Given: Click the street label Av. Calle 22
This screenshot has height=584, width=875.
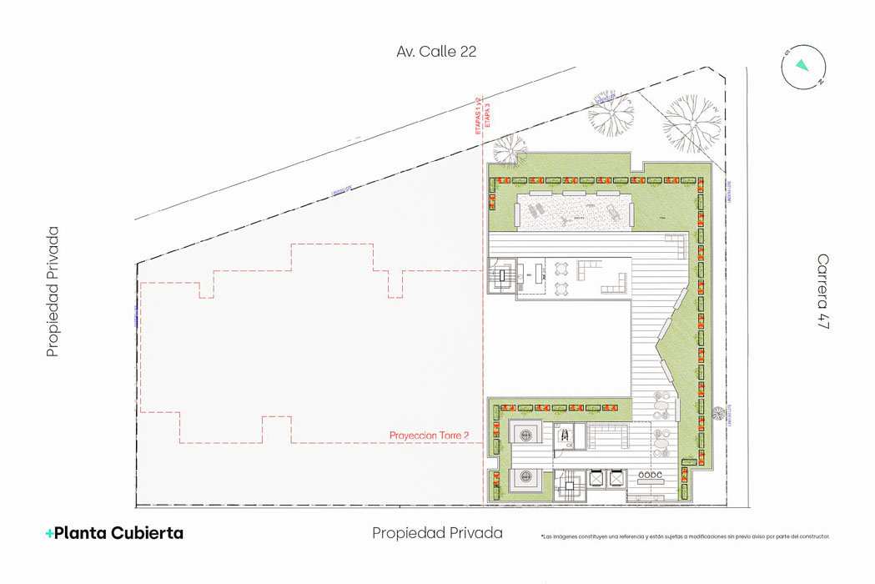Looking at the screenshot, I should point(436,52).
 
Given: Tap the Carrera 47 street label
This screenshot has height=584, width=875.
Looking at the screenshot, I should point(823,292).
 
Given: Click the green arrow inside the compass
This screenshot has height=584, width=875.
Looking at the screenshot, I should point(802,65).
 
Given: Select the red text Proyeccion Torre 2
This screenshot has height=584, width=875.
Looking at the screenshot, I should point(429,435).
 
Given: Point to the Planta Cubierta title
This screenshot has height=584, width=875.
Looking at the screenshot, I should point(114,533).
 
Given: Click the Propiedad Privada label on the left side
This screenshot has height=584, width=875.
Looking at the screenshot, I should point(53,292).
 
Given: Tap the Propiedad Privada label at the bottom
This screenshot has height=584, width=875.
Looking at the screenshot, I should point(437,533).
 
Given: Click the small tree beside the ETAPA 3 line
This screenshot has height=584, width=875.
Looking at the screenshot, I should point(509,150).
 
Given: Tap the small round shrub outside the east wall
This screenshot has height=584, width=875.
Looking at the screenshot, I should point(719,411).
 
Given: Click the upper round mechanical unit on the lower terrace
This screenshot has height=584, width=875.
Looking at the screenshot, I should point(526,434).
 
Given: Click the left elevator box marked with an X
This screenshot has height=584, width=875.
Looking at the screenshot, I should point(597,479).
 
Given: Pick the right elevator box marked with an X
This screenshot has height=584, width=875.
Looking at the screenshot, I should point(616,479).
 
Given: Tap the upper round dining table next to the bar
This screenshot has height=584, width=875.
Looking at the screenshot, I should point(561,269).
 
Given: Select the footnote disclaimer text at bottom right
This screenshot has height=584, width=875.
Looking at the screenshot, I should point(685,536).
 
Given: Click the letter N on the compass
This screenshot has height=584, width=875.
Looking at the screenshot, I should point(820,82).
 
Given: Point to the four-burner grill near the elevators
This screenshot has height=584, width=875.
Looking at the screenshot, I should point(649,476).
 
